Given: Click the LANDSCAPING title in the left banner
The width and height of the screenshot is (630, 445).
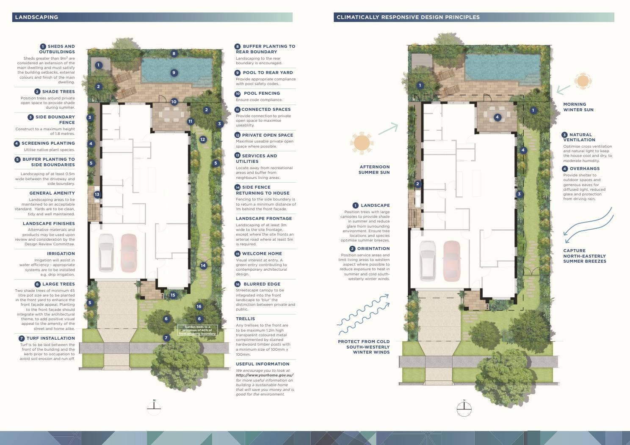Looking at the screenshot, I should click(36, 17).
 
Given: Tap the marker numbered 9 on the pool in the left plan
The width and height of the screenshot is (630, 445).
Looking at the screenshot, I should click(174, 73).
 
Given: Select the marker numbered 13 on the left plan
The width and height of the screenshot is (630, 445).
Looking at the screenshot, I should click(97, 195).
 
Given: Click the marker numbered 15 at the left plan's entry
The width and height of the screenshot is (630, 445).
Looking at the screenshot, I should click(173, 295).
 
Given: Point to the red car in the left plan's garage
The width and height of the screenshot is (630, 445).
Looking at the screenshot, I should click(129, 253).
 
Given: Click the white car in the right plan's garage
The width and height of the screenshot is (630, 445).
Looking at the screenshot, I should click(428, 260).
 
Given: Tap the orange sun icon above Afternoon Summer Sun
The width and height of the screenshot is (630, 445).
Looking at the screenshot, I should click(362, 142).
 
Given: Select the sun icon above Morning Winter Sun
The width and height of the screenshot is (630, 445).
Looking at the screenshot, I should click(583, 81).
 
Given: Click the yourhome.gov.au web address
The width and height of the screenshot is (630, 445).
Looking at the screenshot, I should click(265, 375).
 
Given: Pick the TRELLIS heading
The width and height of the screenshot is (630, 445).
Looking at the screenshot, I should click(246, 319).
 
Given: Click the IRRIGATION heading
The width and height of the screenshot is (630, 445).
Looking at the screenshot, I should click(61, 254).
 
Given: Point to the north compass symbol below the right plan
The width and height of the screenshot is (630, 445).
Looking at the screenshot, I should click(464, 408).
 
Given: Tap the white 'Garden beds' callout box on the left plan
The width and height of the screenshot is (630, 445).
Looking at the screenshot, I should click(197, 330).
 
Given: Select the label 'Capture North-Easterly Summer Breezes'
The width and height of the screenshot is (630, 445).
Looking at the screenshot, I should click(584, 256).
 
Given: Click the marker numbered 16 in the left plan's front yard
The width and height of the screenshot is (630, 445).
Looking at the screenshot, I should click(199, 307).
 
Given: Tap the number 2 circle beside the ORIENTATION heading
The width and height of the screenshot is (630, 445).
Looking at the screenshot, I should click(352, 249).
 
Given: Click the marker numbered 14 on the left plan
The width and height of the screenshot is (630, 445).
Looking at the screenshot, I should click(203, 266).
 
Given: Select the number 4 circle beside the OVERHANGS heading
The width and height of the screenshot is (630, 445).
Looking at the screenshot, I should click(564, 169).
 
